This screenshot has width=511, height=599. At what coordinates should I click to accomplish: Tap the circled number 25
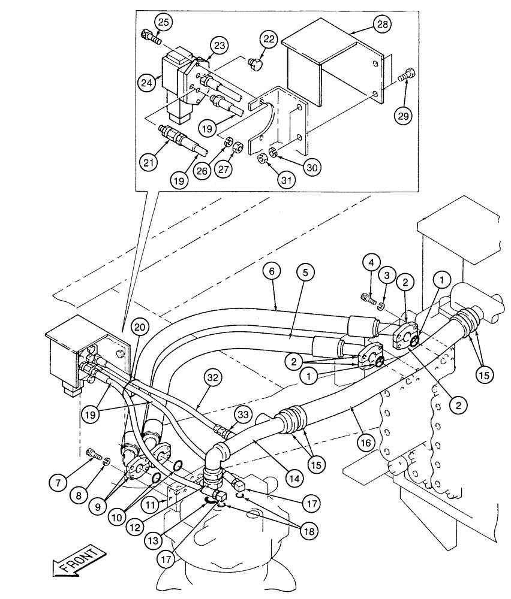pyautogui.click(x=163, y=23)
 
